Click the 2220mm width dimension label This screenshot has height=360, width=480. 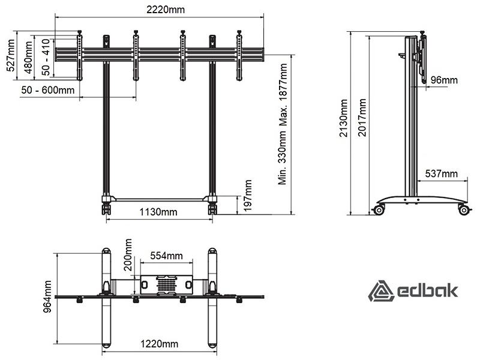tap(166, 10)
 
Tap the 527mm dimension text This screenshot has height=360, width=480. tap(11, 55)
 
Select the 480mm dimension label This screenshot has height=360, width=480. tap(28, 58)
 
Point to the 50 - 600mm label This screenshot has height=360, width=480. tap(48, 90)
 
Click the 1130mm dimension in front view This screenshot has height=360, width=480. tap(158, 212)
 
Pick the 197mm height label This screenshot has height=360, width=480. tap(248, 196)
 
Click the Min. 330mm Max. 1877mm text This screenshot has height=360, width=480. tap(283, 124)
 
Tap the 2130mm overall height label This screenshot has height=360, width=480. tap(344, 118)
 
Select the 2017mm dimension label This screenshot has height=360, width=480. tap(362, 117)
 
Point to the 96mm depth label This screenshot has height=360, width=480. tap(444, 80)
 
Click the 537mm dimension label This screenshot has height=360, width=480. tap(442, 174)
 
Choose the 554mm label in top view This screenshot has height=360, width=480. tap(167, 256)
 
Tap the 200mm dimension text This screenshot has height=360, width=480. tap(128, 255)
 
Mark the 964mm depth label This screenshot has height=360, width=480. tap(48, 296)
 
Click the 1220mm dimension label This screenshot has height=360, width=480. tap(159, 344)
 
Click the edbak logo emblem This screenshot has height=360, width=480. tap(380, 291)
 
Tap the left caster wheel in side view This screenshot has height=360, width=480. tap(379, 209)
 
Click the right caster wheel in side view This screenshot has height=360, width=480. tap(464, 209)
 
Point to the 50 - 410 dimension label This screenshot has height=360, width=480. tap(46, 57)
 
